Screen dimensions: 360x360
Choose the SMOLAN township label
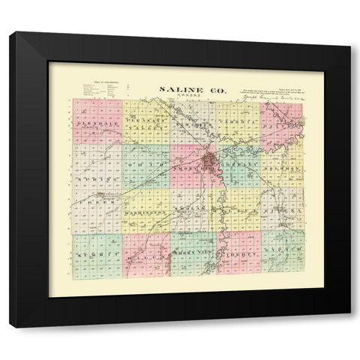pos(193,210)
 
